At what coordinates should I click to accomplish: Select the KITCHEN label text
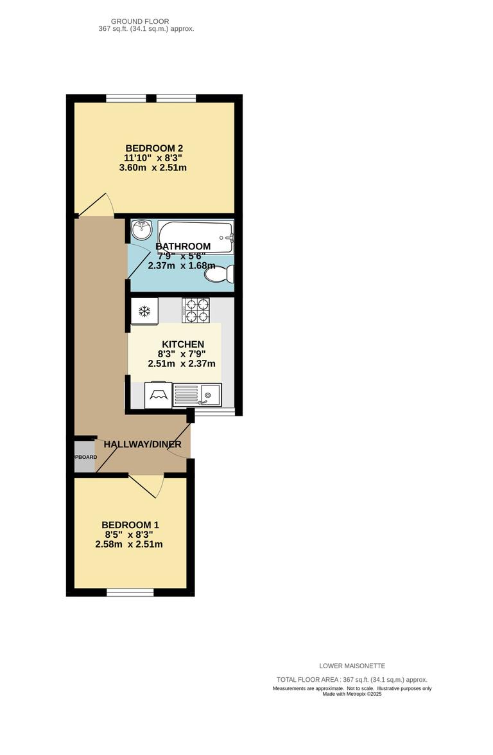[x=182, y=344]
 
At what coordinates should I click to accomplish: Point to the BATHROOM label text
[x=183, y=246]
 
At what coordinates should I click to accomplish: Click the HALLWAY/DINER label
[x=143, y=444]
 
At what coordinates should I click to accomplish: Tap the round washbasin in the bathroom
[x=141, y=229]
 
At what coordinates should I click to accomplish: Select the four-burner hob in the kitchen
[x=196, y=310]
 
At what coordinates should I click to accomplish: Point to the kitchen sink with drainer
[x=197, y=395]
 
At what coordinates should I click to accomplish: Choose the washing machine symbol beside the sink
[x=158, y=395]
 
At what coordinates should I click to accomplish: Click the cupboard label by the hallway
[x=85, y=457]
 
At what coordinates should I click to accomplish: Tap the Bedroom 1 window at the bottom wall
[x=130, y=592]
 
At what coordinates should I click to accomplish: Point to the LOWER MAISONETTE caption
[x=352, y=666]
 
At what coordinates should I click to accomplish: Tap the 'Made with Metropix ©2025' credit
[x=352, y=694]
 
